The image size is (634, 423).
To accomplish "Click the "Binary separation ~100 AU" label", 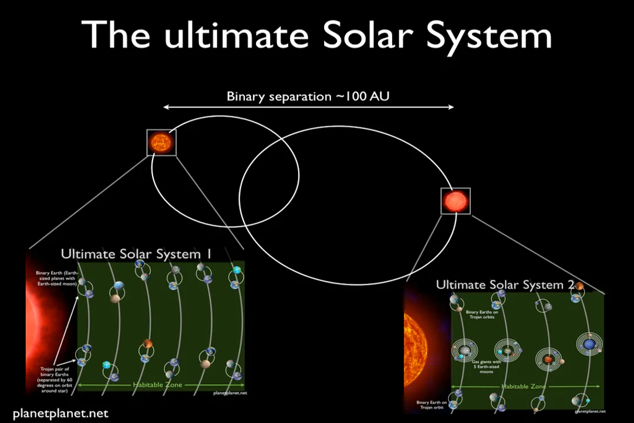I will coord(308,96).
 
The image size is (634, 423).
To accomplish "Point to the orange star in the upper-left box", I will coord(161,142).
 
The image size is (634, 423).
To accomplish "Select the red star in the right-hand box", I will coord(456,202).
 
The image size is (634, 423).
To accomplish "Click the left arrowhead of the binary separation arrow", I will coord(166,107).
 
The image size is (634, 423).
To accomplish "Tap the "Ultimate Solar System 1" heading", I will coord(136,254).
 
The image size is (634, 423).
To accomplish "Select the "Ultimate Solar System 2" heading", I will coord(505,285).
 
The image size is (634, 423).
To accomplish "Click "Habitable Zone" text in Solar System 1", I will coord(157,385).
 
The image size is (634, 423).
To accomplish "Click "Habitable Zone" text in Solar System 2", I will coord(523,387).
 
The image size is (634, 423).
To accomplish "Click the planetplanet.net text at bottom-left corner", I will coord(60,414).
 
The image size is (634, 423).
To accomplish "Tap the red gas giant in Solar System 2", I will coord(548,358).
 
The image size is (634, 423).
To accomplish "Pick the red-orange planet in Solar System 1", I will coord(148,344).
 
